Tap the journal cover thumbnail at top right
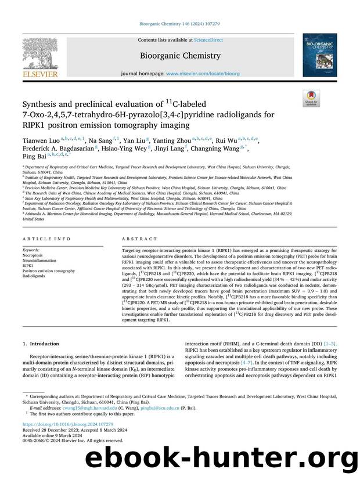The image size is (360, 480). tap(319, 55)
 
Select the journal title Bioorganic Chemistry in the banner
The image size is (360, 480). tap(179, 56)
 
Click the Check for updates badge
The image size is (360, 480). tap(311, 99)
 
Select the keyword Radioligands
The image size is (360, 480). tap(34, 276)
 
